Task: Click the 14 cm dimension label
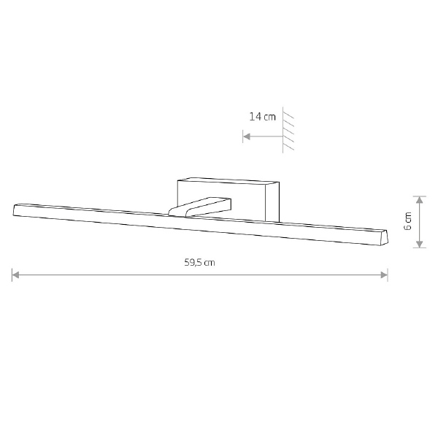(x=262, y=117)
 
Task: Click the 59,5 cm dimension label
(x=199, y=263)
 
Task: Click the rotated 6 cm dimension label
(x=408, y=221)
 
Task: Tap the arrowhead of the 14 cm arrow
(x=247, y=137)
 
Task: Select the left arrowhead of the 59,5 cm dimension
(x=15, y=275)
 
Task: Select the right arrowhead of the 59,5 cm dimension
(x=384, y=275)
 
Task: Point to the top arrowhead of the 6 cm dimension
(x=420, y=200)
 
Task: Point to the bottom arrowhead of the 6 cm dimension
(x=420, y=244)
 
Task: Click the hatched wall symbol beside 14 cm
(x=288, y=130)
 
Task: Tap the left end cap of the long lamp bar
(x=15, y=210)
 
